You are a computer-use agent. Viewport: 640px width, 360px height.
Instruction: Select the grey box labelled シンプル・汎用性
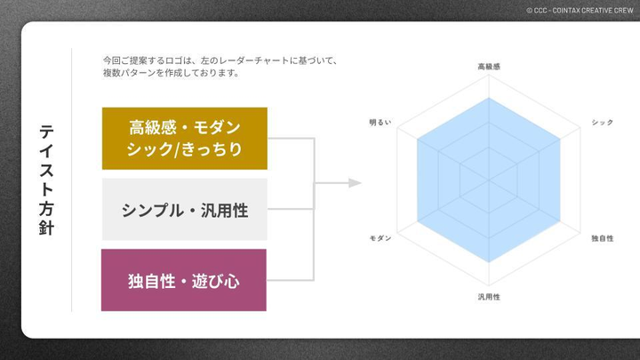click(x=184, y=210)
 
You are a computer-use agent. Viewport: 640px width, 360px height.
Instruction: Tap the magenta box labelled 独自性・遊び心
click(x=184, y=281)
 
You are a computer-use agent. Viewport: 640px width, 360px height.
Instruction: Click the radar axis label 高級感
click(x=489, y=67)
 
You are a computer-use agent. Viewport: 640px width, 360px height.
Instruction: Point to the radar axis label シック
click(x=602, y=122)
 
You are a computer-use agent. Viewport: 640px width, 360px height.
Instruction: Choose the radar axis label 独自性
click(x=602, y=238)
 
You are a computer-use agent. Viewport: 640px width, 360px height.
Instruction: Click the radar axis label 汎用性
click(x=489, y=296)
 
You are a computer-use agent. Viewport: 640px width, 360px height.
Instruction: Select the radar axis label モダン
click(x=380, y=238)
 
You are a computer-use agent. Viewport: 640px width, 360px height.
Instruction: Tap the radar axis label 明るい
click(x=380, y=122)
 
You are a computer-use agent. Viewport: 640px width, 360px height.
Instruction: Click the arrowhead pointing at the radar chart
click(x=356, y=183)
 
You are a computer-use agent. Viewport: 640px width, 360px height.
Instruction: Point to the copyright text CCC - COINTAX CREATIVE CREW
click(x=580, y=10)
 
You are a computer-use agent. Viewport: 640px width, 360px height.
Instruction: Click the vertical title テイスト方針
click(x=47, y=180)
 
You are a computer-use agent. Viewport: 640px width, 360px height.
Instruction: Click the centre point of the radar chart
click(x=489, y=180)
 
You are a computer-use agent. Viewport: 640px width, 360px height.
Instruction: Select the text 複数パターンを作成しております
click(x=172, y=73)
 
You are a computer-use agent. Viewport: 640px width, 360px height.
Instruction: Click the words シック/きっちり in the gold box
click(x=184, y=148)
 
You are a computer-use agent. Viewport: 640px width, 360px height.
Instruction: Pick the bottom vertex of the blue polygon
click(x=489, y=263)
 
